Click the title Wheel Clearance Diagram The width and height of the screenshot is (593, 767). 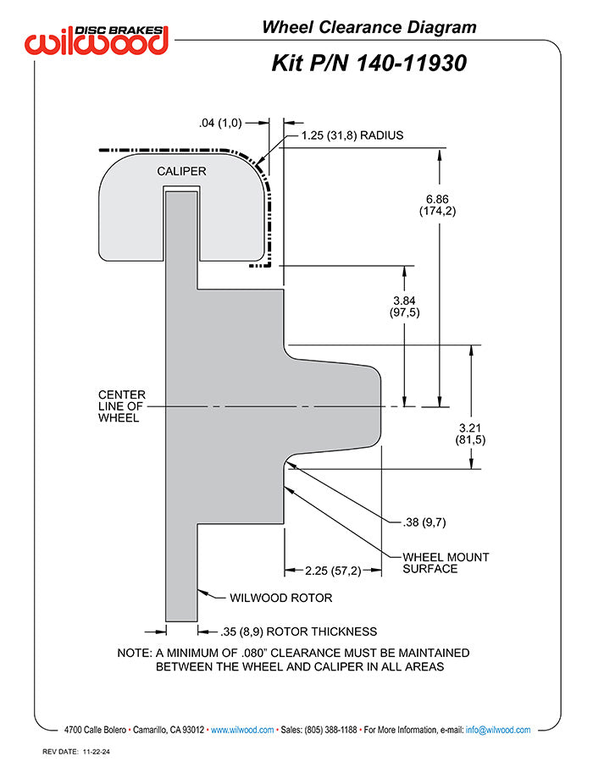click(369, 27)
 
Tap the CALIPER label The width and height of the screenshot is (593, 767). click(181, 171)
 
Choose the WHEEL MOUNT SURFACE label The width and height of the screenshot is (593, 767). click(446, 563)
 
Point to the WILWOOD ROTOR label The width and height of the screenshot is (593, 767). click(280, 598)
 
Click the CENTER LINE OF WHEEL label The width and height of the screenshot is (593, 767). click(121, 406)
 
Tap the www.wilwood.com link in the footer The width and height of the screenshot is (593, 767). click(241, 730)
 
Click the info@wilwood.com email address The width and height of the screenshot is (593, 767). click(498, 730)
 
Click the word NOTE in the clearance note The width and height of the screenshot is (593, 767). click(133, 653)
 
